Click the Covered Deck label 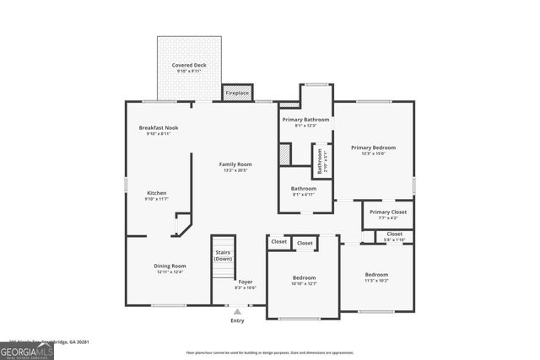click(x=188, y=65)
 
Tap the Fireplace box click(x=237, y=93)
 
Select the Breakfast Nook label click(x=159, y=127)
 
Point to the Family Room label click(x=235, y=164)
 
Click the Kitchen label click(x=157, y=192)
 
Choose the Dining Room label click(x=170, y=266)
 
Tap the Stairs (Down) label click(x=223, y=255)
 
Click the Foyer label click(x=245, y=282)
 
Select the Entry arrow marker click(x=237, y=311)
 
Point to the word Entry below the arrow click(x=237, y=320)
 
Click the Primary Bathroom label click(x=305, y=120)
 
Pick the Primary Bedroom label click(x=373, y=148)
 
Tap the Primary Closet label click(x=388, y=212)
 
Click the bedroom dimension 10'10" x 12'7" click(x=304, y=283)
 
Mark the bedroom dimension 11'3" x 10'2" click(x=376, y=280)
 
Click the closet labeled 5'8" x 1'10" click(x=395, y=239)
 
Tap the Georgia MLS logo click(x=27, y=351)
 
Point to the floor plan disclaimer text click(x=293, y=352)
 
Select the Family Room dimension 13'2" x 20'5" click(x=235, y=170)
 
